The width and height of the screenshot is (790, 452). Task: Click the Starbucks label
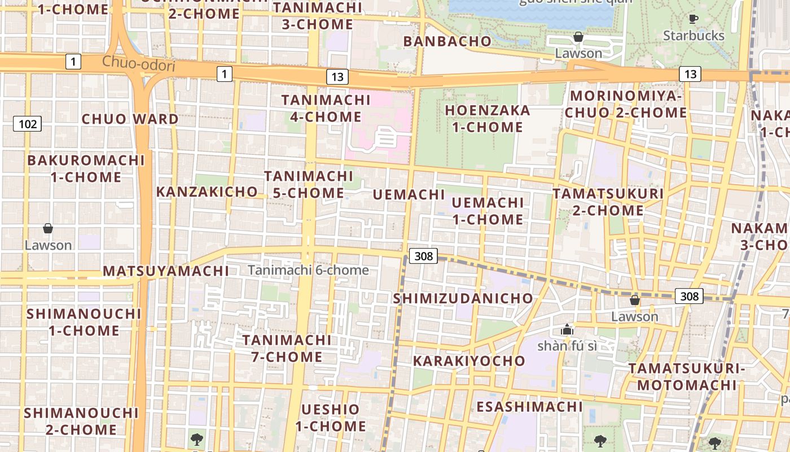694,36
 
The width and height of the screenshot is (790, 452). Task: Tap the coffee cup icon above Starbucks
694,19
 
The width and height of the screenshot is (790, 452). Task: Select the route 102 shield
28,124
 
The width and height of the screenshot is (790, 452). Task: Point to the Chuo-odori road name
139,64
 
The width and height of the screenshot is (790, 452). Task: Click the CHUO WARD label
130,119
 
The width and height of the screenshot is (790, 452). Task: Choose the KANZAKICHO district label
207,192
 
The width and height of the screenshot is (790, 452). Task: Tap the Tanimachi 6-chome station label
308,270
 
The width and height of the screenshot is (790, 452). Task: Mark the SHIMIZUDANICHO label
463,298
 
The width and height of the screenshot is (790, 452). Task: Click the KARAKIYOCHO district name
469,361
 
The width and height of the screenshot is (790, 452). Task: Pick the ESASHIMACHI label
529,407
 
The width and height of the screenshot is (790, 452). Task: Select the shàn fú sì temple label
567,346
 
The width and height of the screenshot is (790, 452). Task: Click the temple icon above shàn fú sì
567,329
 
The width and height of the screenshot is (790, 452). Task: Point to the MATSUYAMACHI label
166,271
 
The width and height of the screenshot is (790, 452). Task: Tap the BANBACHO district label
447,41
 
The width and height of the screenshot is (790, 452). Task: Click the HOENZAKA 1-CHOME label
488,119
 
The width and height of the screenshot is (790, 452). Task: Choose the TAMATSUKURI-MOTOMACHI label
683,377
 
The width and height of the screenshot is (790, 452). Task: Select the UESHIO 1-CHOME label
331,418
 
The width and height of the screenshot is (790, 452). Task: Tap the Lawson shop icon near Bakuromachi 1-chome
48,228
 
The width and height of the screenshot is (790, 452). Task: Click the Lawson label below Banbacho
578,53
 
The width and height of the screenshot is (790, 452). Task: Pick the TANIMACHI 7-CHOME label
287,349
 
